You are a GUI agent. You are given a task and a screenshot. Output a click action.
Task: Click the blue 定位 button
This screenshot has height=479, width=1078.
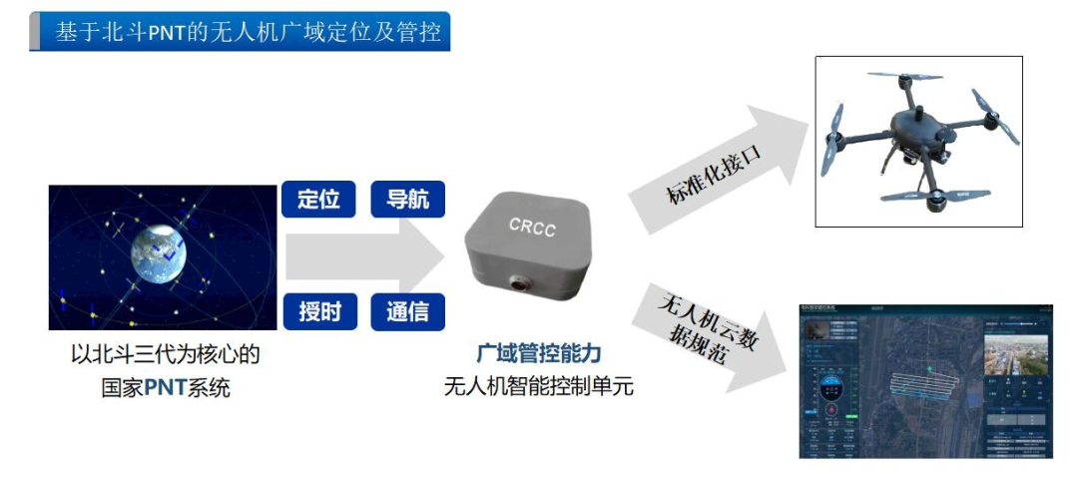pos(318,200)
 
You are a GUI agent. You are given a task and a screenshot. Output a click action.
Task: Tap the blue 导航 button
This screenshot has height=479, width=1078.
pos(407,200)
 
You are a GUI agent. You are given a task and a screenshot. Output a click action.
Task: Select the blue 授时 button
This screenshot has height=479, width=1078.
pos(318,311)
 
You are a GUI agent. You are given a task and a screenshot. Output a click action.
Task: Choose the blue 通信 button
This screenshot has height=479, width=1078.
pos(407,311)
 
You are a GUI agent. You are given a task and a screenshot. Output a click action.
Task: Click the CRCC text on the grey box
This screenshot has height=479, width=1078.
pos(530,229)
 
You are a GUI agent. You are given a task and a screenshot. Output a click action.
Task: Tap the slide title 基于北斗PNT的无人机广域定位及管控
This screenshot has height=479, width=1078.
pos(248,32)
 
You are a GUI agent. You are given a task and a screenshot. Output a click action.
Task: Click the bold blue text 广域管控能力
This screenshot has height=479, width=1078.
pos(539,354)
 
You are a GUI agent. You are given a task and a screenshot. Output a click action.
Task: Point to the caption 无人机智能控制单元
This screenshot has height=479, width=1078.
pos(539,386)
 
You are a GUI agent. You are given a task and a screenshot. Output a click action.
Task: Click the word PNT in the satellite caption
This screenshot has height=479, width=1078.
pos(166,386)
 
